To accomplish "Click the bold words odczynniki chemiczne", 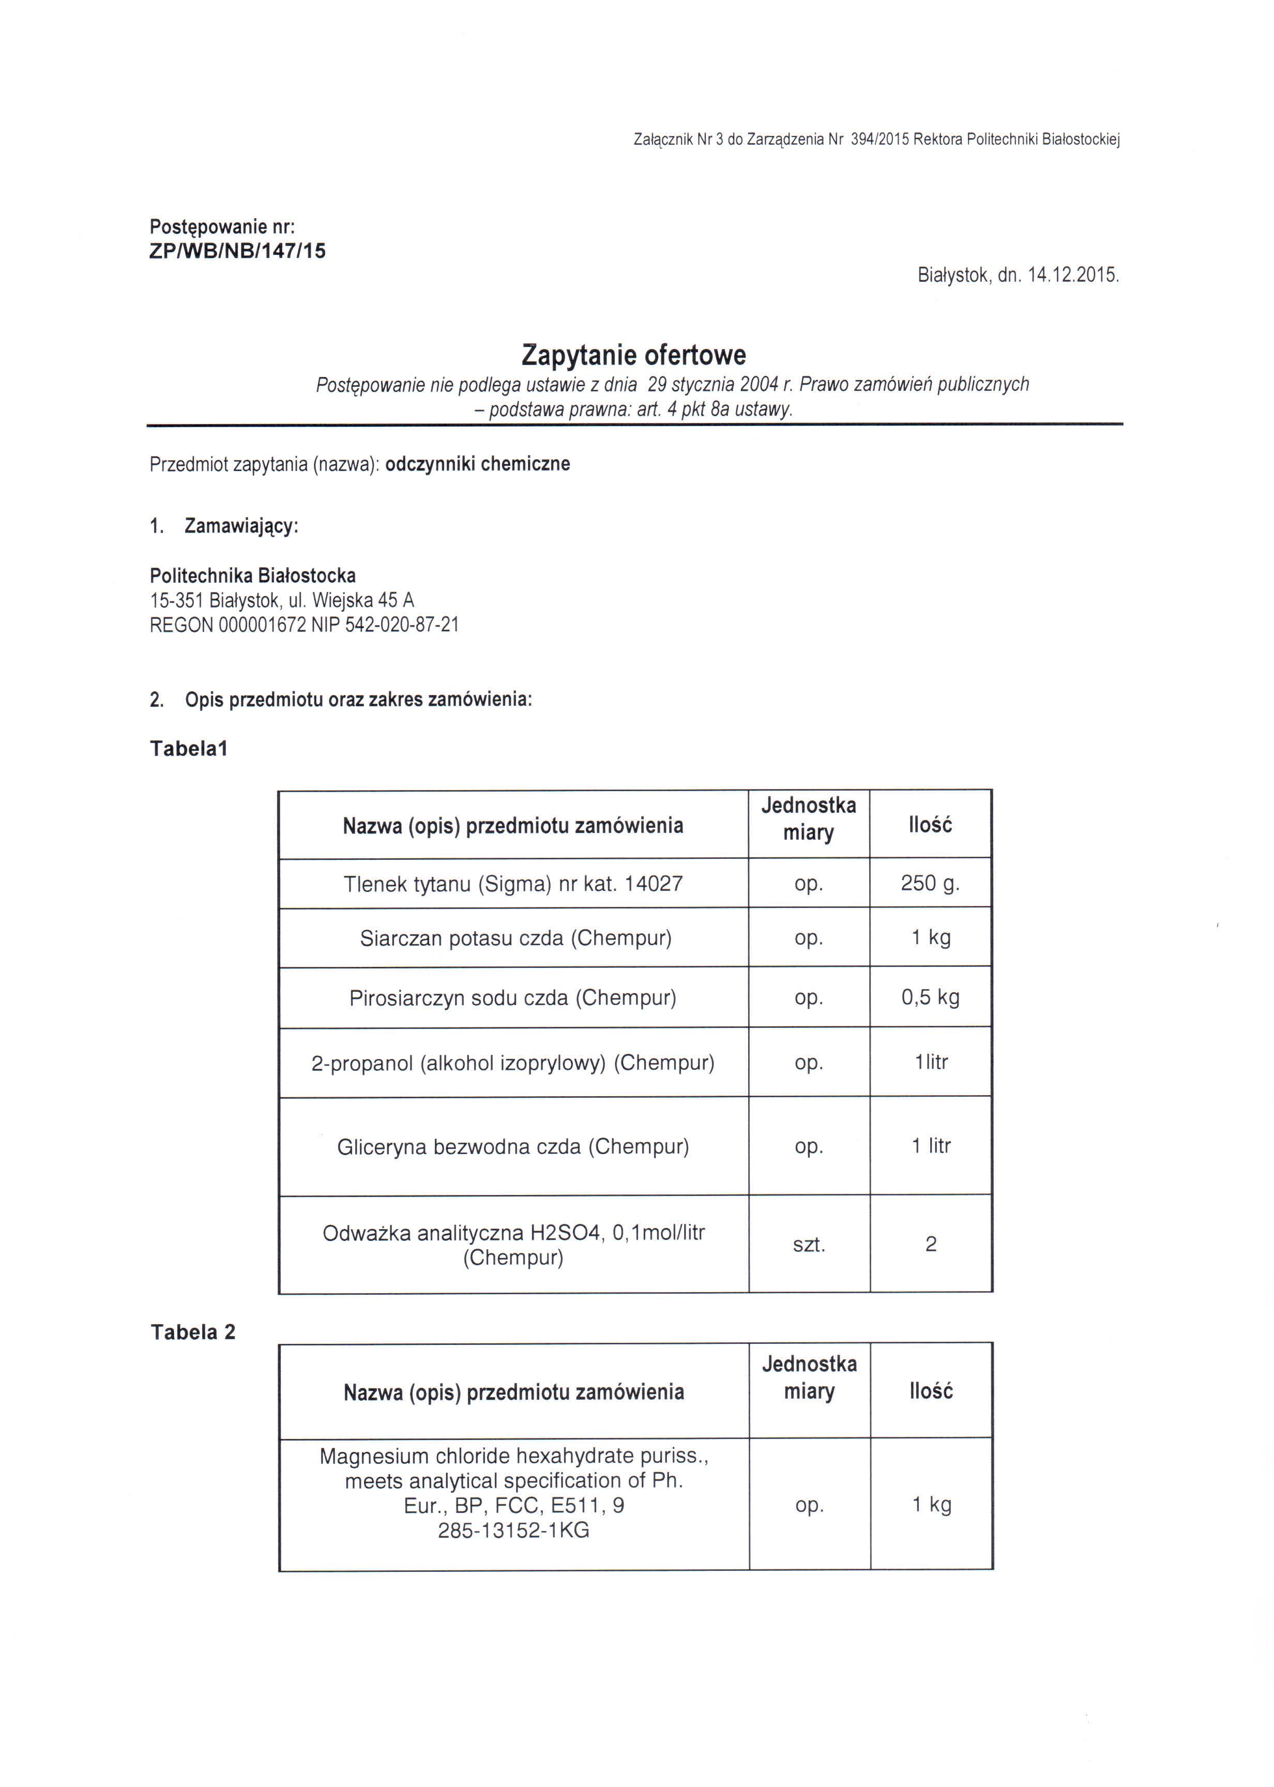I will click(x=478, y=464).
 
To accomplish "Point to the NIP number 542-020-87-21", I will click(x=402, y=625).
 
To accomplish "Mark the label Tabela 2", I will click(x=193, y=1332).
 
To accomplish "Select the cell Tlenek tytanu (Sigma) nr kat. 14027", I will click(x=513, y=884).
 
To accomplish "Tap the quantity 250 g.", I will click(x=930, y=883).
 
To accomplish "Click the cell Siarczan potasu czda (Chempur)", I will click(x=515, y=938).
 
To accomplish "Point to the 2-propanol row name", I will click(x=513, y=1063).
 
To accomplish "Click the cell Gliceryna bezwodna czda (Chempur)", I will click(x=513, y=1147).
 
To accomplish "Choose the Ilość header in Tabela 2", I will click(x=931, y=1391).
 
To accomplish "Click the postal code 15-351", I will click(x=174, y=600).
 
